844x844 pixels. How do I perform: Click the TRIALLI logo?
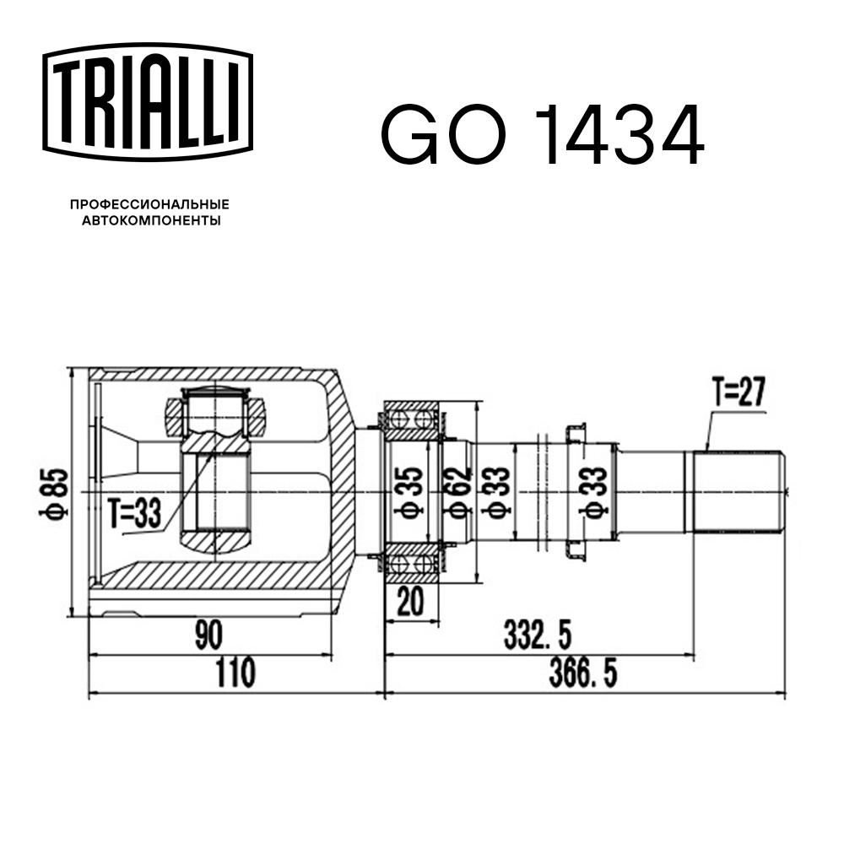point(148,102)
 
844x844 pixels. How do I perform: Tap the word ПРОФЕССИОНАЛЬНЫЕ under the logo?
point(149,204)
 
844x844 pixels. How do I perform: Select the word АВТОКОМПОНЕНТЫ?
point(151,220)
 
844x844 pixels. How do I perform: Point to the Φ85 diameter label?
point(54,493)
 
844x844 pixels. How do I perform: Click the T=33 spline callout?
point(134,512)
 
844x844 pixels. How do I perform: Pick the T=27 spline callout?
point(738,392)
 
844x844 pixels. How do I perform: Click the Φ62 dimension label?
point(457,493)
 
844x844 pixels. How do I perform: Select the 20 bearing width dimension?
point(410,601)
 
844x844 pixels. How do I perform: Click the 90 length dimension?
point(208,636)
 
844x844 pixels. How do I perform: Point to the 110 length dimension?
point(235,673)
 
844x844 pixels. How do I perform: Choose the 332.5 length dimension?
point(537,636)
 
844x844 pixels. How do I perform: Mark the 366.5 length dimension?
point(583,673)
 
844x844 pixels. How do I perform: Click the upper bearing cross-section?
point(413,419)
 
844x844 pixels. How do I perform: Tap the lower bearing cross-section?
point(413,563)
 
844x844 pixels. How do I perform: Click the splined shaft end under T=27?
point(738,492)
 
